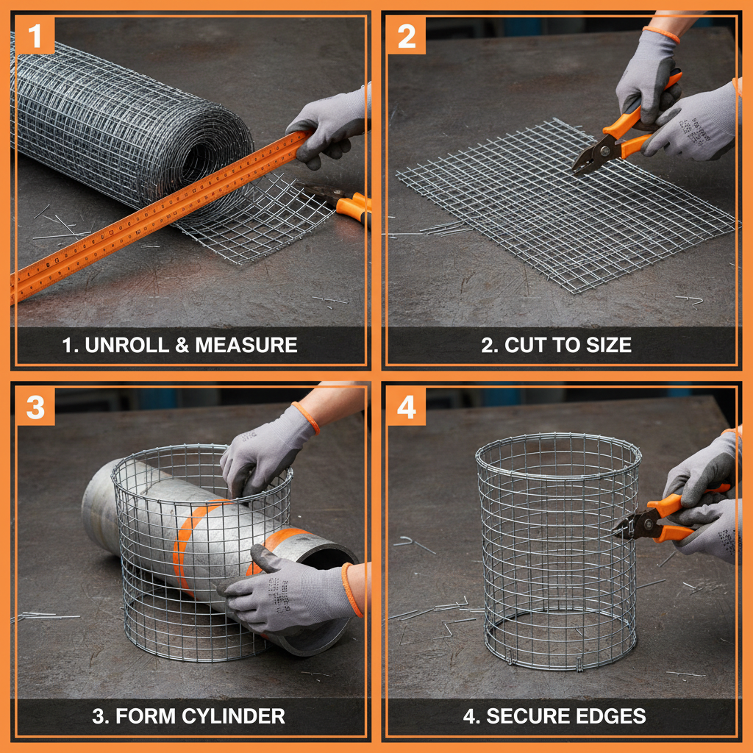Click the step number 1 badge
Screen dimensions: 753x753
tap(35, 35)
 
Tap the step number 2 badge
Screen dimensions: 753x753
tap(406, 35)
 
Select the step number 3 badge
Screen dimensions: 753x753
tap(35, 406)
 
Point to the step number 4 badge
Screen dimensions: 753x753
tap(406, 406)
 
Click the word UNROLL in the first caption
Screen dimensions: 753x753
tap(126, 345)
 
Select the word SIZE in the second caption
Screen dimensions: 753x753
tap(607, 345)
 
